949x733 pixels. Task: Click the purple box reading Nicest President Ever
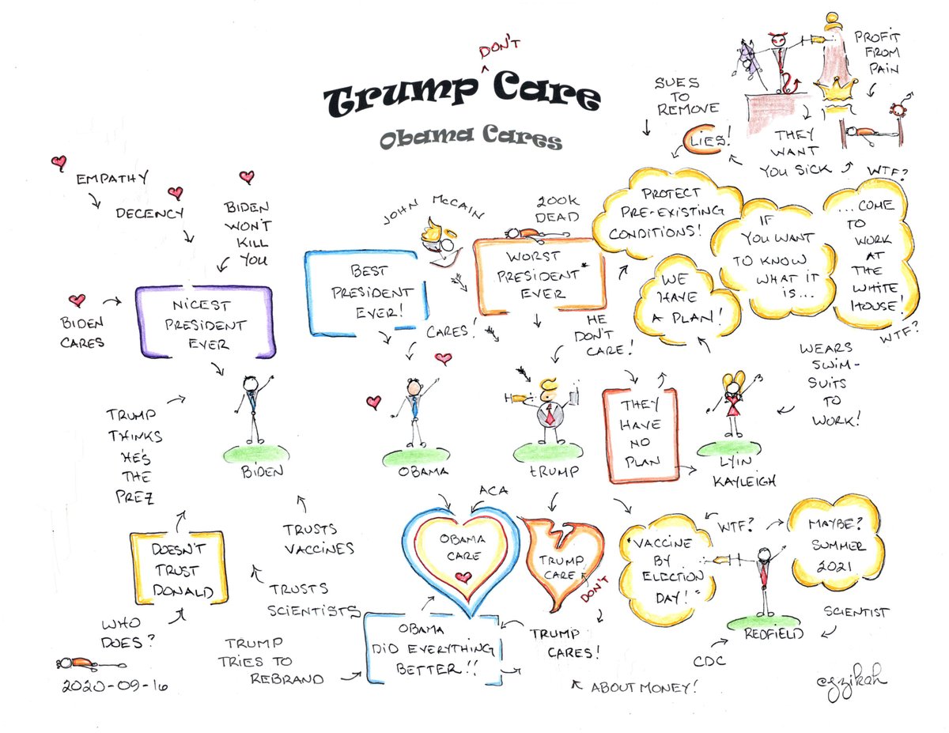click(x=205, y=323)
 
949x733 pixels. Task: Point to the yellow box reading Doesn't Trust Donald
click(x=178, y=570)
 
